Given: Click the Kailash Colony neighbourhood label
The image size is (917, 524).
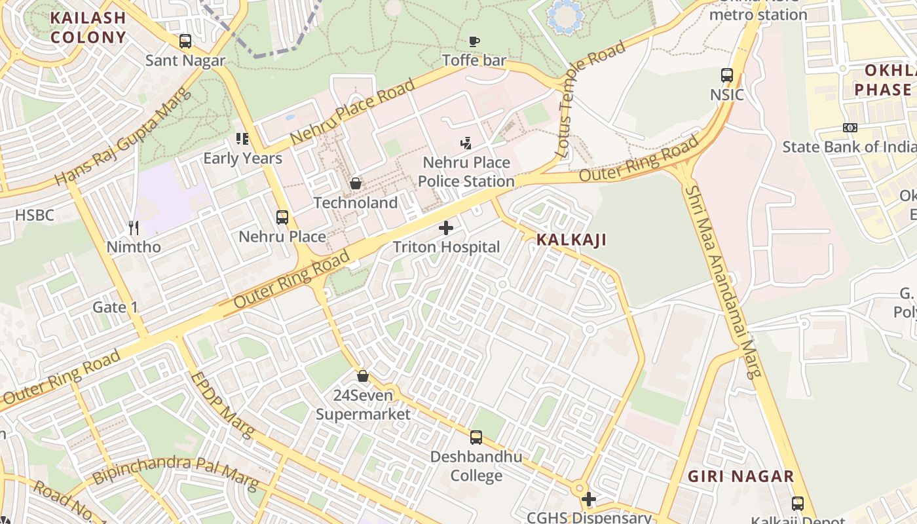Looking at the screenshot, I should coord(88,28).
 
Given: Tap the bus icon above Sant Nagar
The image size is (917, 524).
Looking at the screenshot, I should coord(185,41).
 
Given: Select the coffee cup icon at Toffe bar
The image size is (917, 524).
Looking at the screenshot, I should coord(474,42).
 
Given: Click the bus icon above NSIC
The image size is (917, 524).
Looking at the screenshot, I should coord(727,75).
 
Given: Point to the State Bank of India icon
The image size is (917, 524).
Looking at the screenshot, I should coord(850,128).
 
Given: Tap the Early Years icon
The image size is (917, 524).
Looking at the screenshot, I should coord(242,139).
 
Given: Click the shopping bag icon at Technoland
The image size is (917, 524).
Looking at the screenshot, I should coord(356,183).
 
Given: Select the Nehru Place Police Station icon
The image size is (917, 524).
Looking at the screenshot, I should coord(466,143).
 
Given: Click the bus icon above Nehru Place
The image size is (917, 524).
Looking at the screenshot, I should coord(282,217).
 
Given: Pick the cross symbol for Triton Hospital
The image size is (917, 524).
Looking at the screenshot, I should coord(446,228).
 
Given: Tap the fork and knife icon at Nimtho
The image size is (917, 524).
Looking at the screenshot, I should coord(134,228).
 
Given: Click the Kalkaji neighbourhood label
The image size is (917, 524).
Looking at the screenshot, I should coord(571,240).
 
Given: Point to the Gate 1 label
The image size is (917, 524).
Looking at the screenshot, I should coord(115,307).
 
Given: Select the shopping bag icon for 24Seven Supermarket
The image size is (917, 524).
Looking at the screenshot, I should coord(363,376).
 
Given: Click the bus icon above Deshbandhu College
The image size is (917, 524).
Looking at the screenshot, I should coord(476,437).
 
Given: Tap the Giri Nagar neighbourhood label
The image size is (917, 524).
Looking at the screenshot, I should coord(741,476).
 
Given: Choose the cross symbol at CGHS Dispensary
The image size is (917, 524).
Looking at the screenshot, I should coord(589,499).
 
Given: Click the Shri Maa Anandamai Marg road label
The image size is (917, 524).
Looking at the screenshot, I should coord(722,282).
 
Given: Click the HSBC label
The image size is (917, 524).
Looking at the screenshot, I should coord(34,215).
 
